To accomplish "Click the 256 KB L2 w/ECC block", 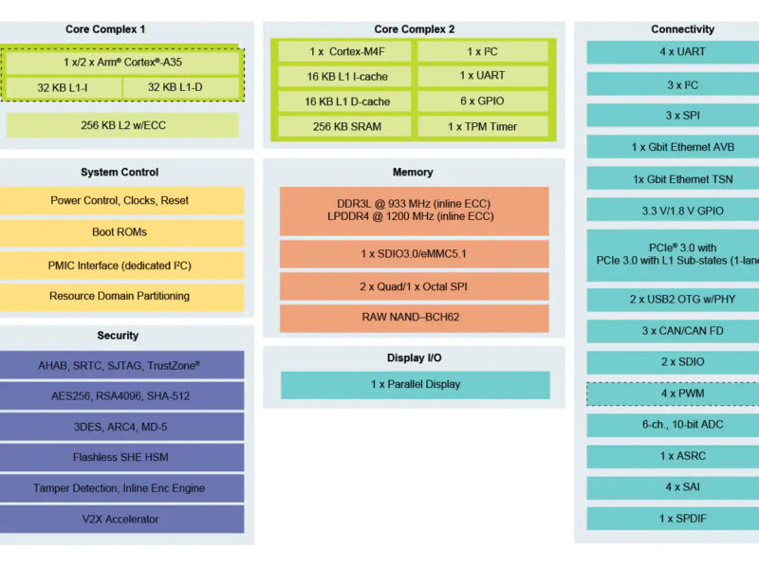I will [122, 125].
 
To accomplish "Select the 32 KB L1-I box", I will [64, 88].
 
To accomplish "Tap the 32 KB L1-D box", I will [181, 88].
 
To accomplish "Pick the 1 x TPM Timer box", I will [482, 126].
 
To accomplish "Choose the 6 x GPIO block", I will [482, 101].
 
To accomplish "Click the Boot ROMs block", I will [120, 232].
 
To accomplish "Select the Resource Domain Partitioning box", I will [120, 296].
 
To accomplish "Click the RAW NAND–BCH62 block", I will [414, 318].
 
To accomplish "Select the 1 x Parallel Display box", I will [415, 384].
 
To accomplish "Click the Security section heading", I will [118, 336].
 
